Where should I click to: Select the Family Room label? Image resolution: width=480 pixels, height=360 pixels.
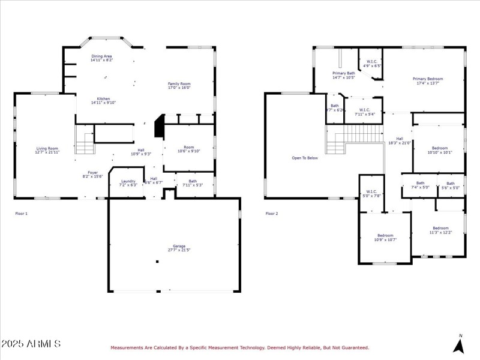point(179,85)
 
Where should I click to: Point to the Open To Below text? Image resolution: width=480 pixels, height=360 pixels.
point(305,158)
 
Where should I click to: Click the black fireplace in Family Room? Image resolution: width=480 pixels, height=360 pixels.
point(159,127)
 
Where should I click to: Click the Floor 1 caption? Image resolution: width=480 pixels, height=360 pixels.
point(21,213)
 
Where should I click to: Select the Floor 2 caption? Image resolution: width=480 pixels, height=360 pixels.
point(272,213)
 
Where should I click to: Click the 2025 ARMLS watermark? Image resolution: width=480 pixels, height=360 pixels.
point(31,344)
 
